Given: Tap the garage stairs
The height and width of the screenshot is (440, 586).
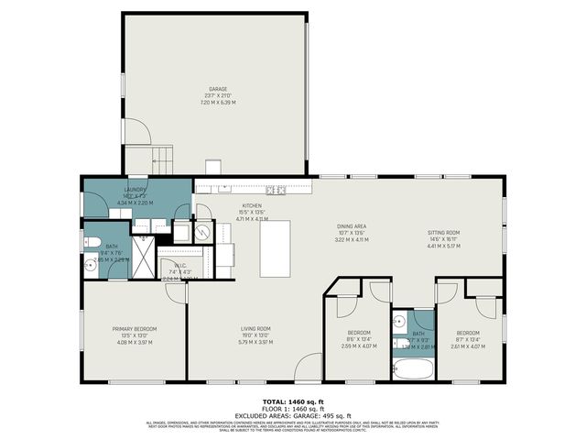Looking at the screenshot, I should click(160, 158).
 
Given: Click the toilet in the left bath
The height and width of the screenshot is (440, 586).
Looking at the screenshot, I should click(92, 244).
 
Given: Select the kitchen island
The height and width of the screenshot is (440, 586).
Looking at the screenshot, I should click(274, 247).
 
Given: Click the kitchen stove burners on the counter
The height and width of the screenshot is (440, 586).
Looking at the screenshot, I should click(277, 191).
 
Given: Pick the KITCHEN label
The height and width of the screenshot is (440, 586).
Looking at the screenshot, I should click(253, 206).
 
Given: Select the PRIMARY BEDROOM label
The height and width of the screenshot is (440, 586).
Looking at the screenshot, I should click(135, 329).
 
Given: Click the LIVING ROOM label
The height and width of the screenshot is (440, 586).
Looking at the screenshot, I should click(255, 329).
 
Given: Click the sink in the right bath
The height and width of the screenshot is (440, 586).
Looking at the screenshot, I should click(399, 322).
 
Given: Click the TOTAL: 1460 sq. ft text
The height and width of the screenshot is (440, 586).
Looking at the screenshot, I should click(292, 401).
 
